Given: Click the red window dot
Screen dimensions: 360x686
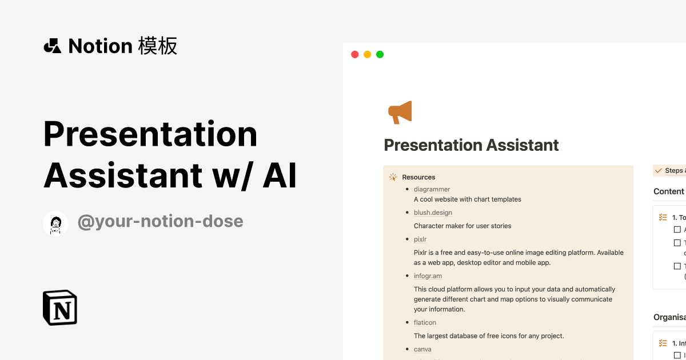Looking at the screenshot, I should pos(354,55).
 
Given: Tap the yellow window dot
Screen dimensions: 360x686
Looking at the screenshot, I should pos(367,55).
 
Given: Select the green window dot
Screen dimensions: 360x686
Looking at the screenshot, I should pos(380,55).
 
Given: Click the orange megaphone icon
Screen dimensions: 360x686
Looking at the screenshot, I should pos(400,112).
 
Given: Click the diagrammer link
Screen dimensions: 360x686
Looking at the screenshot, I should pos(432,189).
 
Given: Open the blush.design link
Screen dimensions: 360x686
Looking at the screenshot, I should pos(433,213).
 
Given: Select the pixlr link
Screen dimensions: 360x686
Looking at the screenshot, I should pos(420,239).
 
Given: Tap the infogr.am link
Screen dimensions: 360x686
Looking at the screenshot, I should pos(428,276).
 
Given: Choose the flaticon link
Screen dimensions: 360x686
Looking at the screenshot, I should pos(425,323).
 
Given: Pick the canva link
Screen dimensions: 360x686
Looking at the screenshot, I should pos(422,349).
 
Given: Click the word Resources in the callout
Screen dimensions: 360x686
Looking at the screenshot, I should pos(418,177).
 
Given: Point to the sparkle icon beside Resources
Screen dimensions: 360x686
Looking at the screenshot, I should pos(393,177).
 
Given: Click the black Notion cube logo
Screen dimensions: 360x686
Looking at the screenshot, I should pos(60,308).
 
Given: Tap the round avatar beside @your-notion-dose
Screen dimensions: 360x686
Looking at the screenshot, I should pos(55,223).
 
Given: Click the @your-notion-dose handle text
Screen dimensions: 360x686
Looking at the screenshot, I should pos(160,222).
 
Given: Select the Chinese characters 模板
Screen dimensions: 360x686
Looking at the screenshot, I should pos(157,46).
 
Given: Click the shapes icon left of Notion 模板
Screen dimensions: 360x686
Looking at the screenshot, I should pos(53,46).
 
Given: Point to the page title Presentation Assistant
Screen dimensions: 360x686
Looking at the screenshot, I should pos(471,145).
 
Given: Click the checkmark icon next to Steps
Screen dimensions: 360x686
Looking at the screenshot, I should pos(658,171).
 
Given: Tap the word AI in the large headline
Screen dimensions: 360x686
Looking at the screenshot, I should pos(280,176).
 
